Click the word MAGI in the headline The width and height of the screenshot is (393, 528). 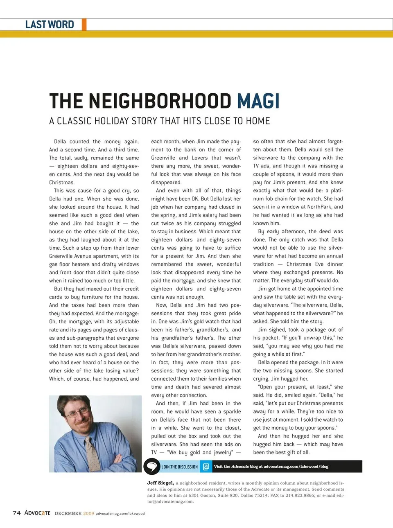[x=258, y=101]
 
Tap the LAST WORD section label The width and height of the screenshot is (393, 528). [x=50, y=25]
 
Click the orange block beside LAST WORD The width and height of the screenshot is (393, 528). [x=84, y=25]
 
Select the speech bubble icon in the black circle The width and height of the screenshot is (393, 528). [x=152, y=466]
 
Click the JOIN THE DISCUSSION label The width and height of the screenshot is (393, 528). [x=180, y=467]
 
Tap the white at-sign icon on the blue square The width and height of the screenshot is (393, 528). [x=206, y=467]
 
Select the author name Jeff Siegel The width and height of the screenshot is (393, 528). [x=160, y=483]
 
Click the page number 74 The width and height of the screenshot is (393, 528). [x=17, y=513]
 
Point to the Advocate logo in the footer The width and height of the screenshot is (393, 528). [x=37, y=513]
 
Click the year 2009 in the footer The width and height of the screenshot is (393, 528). [x=88, y=513]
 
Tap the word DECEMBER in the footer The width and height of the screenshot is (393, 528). [x=68, y=513]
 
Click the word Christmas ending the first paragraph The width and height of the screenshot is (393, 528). [x=61, y=183]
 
